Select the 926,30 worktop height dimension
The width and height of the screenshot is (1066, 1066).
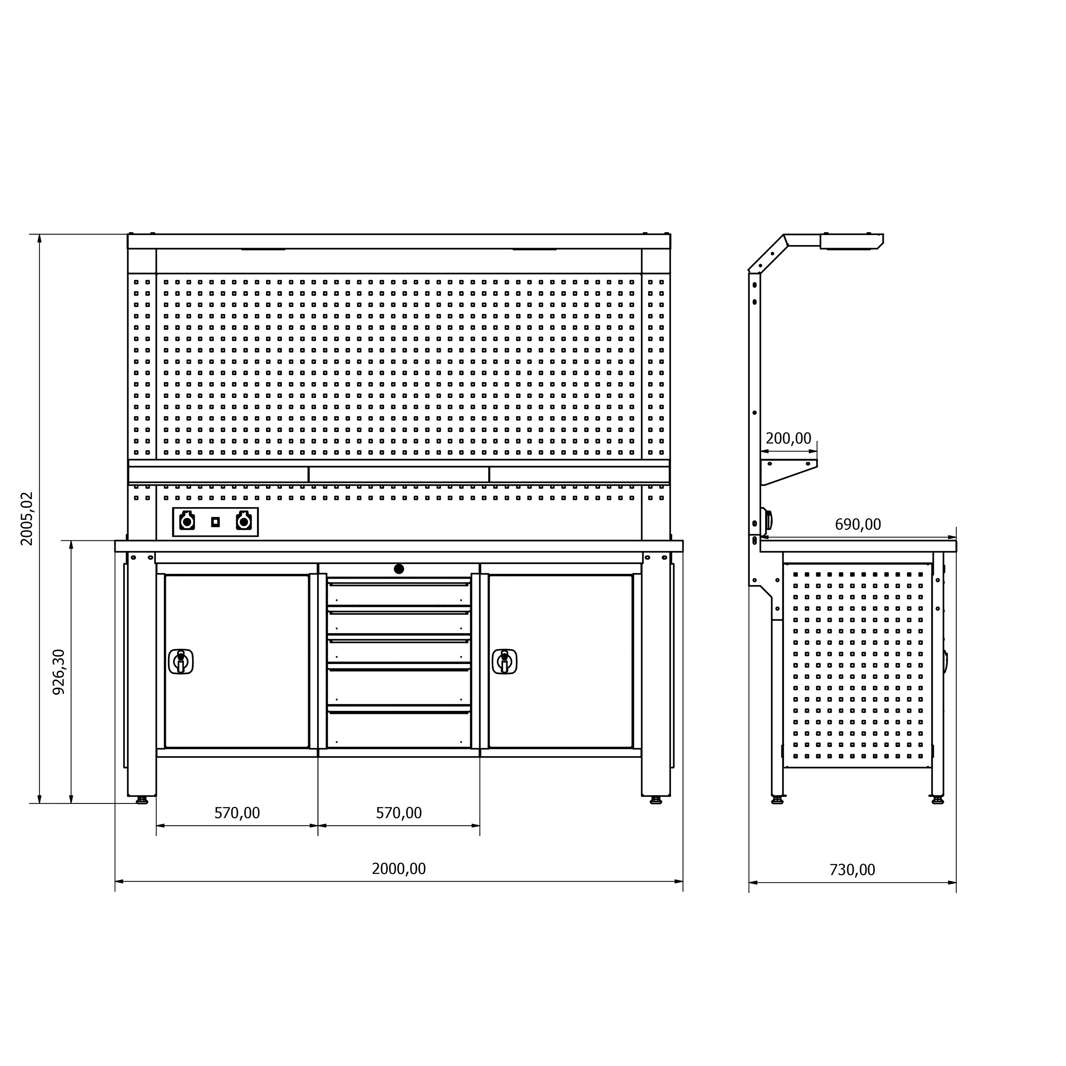point(58,671)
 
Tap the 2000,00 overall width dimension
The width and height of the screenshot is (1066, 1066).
point(398,868)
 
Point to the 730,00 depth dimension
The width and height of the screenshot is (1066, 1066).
point(852,870)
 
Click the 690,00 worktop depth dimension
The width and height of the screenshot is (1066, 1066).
point(858,524)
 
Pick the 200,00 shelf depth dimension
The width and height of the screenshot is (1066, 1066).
point(788,438)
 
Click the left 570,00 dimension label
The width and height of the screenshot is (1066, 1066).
point(237,813)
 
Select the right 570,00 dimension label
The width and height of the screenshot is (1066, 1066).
point(398,813)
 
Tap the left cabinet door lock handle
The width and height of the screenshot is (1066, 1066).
point(181,661)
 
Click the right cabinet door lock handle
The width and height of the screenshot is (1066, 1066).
point(504,661)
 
